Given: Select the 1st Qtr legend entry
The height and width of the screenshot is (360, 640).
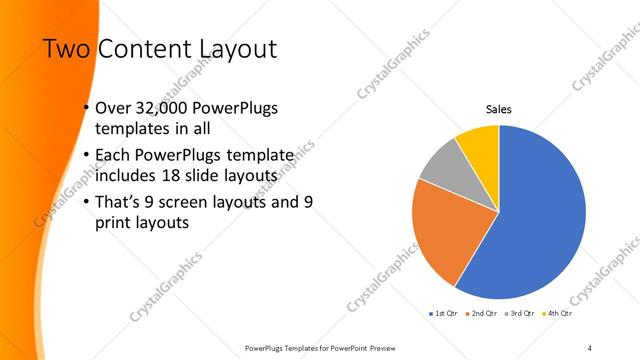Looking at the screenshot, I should (446, 313).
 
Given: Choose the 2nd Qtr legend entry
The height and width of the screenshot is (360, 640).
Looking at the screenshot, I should (485, 313).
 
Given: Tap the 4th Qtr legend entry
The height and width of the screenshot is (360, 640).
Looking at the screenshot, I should (557, 313).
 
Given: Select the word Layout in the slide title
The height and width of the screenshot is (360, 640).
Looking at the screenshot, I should (235, 49).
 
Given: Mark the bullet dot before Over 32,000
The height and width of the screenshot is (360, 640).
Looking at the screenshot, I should (86, 109).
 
